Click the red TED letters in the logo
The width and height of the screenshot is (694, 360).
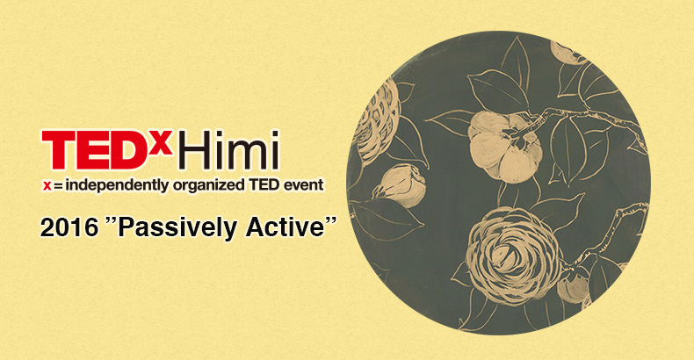96,150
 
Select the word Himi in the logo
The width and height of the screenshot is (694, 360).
230,150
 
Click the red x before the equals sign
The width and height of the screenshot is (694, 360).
47,187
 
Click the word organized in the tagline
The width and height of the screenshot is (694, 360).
208,186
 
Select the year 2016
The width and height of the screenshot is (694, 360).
69,227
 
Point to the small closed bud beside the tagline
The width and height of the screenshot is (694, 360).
400,186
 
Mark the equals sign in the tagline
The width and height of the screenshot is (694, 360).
58,187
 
